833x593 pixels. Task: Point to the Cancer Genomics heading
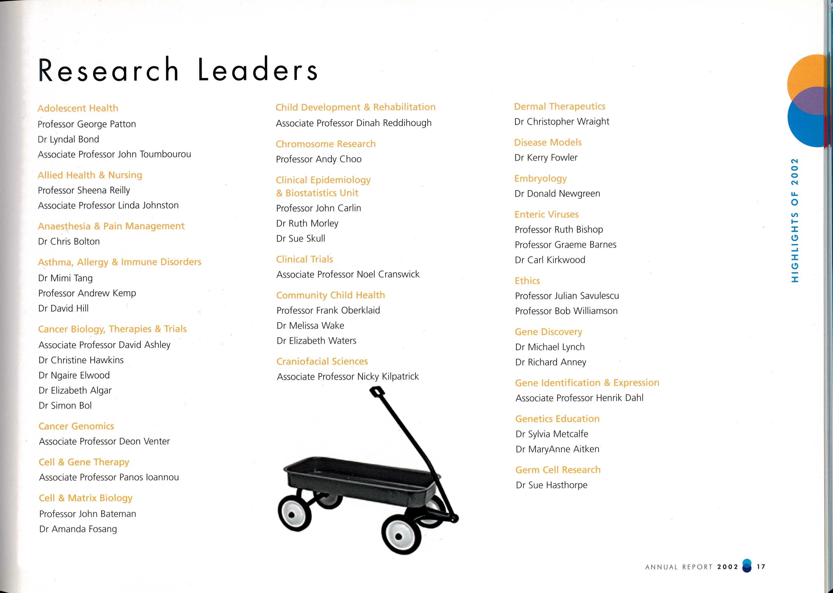[76, 426]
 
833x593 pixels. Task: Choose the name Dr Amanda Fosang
[78, 529]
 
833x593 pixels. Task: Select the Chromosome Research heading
[325, 144]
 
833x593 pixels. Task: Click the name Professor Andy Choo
[319, 159]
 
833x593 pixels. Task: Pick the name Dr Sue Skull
[301, 238]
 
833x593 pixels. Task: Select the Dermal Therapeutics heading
[560, 106]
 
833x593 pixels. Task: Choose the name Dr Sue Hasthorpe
[552, 485]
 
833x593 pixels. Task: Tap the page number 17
[761, 567]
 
